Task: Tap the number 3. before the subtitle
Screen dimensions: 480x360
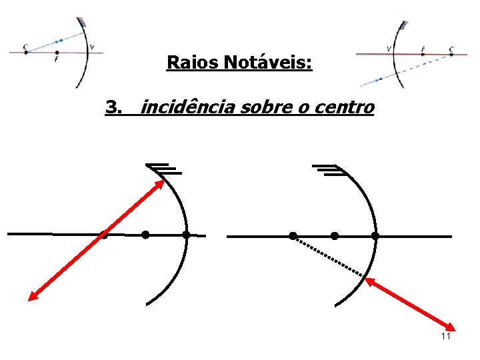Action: point(114,107)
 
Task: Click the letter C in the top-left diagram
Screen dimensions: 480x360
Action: point(25,47)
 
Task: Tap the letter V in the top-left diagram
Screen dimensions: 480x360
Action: point(92,47)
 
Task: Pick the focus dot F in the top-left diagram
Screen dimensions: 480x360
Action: point(57,53)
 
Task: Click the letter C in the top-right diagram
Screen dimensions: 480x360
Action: point(451,49)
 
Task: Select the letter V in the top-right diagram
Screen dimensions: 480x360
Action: point(389,49)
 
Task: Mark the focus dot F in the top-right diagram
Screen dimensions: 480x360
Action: point(422,54)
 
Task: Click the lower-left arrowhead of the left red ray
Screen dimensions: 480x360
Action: point(31,298)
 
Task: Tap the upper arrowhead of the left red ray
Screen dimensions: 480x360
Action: point(162,181)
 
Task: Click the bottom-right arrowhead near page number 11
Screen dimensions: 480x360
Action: point(451,327)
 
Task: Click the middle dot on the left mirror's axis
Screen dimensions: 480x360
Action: point(145,235)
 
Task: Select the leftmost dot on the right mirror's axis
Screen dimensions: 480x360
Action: point(293,235)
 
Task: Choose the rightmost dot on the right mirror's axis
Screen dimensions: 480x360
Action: point(375,235)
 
